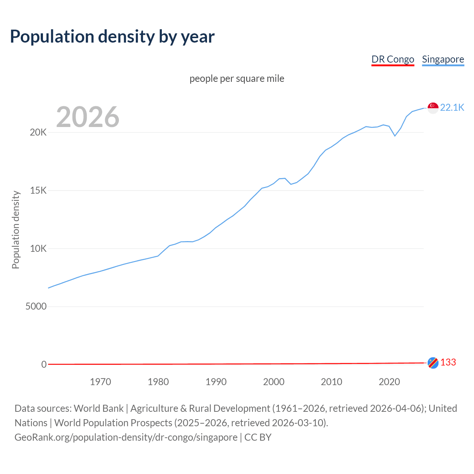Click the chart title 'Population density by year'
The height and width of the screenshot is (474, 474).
coord(112,37)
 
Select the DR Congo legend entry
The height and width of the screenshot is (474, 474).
coord(393,60)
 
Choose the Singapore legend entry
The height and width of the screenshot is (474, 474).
coord(443,60)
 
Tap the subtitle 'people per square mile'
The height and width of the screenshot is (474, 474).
coord(237,79)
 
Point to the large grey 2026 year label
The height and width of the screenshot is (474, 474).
coord(88,117)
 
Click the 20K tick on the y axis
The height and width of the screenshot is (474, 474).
coord(38,133)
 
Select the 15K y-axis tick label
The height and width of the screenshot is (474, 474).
coord(38,191)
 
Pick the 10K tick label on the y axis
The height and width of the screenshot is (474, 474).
coord(38,248)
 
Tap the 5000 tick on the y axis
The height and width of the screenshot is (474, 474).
coord(36,307)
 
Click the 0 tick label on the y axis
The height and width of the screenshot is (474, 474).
coord(44,365)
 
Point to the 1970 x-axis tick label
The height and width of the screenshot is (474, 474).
coord(100,382)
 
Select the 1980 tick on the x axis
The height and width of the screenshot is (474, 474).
coord(158,382)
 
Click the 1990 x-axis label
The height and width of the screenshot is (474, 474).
coord(216,382)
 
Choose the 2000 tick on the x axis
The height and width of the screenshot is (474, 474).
coord(274,382)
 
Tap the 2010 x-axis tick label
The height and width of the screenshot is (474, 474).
coord(331,382)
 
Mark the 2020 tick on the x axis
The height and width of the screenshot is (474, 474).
coord(389,382)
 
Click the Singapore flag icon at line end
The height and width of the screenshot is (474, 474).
coord(433,108)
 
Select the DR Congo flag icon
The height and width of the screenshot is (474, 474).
coord(433,363)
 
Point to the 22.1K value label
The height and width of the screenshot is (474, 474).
coord(452,108)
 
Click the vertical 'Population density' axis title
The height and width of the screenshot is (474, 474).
coord(16,230)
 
